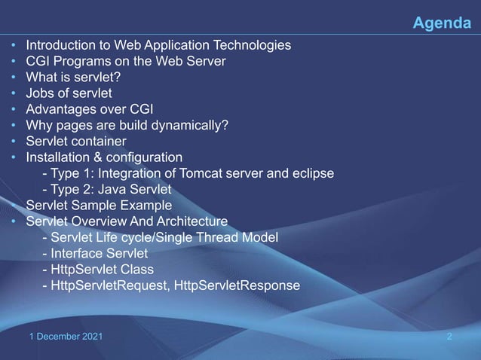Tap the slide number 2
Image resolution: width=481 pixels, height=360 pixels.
(449, 336)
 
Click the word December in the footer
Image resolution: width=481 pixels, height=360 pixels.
(56, 336)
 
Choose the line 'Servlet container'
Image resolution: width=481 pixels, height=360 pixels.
(75, 141)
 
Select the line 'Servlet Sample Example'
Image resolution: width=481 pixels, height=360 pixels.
(99, 205)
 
